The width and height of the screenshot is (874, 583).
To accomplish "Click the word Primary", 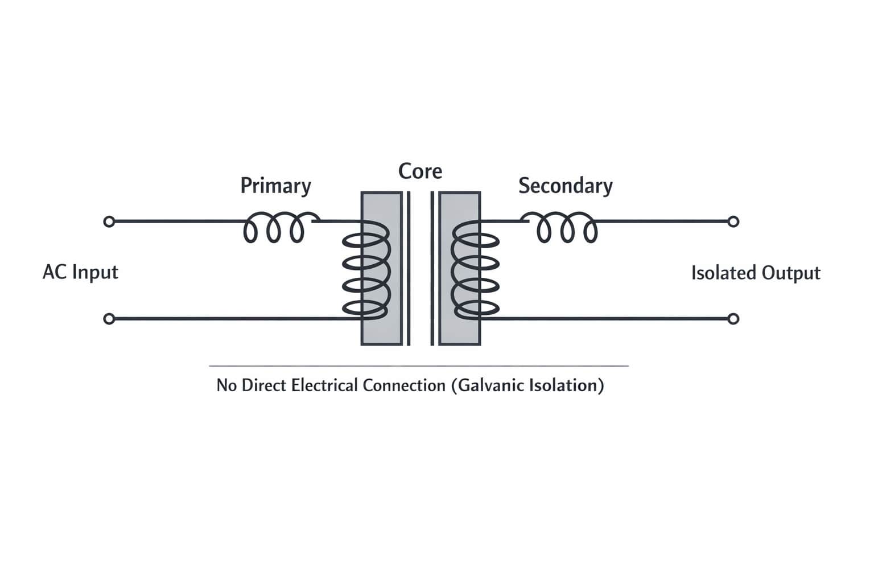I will pos(275,186).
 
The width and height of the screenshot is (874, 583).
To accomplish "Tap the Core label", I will pos(420,171).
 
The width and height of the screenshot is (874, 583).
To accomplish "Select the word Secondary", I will pos(565,186).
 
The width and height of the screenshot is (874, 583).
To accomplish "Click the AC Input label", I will pos(80,272).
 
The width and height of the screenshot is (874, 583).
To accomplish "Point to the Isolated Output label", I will pos(755,273).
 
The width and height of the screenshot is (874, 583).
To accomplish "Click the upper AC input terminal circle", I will pos(109,221).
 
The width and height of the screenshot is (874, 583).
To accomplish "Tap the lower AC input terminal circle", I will pos(109,319).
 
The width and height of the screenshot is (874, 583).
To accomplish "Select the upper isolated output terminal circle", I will pos(733,221).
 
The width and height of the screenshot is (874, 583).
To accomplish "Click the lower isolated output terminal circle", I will pos(733,319).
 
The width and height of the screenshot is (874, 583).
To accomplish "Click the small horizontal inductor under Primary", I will pos(274,228).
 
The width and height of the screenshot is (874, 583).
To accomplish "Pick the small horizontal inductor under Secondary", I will pos(567,228).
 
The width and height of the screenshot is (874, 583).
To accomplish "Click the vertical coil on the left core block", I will pos(366,269).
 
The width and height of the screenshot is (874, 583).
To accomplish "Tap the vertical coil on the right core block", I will pos(475,269).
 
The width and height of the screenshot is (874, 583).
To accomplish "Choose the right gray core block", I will pos(460,330).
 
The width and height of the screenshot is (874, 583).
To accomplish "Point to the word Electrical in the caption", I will pos(324,385).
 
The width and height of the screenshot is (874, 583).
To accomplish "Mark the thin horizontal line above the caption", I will pos(419,366).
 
